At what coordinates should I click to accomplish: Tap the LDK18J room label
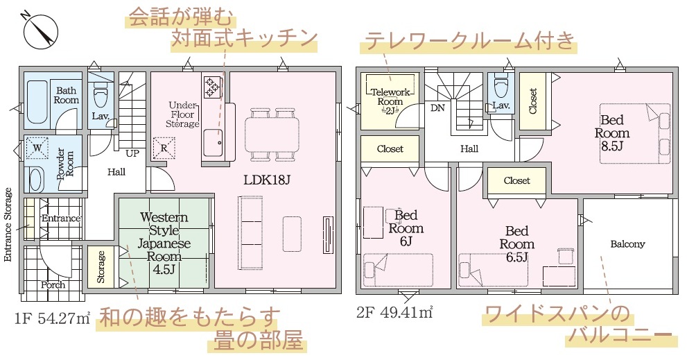268,180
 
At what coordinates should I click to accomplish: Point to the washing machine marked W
37,148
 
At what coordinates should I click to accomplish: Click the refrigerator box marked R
164,148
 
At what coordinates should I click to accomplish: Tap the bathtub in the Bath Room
35,103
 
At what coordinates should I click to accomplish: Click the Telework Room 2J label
390,101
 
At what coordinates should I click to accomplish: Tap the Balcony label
627,244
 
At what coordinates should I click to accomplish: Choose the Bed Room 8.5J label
611,133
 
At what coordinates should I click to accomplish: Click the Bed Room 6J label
406,228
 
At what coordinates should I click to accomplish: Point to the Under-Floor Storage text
183,114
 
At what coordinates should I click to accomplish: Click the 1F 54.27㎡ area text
53,318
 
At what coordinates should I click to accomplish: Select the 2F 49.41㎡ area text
394,314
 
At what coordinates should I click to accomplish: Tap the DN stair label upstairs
437,108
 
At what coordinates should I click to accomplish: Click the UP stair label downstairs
132,153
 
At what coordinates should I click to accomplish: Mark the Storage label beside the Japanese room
101,266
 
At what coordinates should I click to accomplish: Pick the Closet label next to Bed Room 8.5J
533,101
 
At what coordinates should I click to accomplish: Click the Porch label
53,285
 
